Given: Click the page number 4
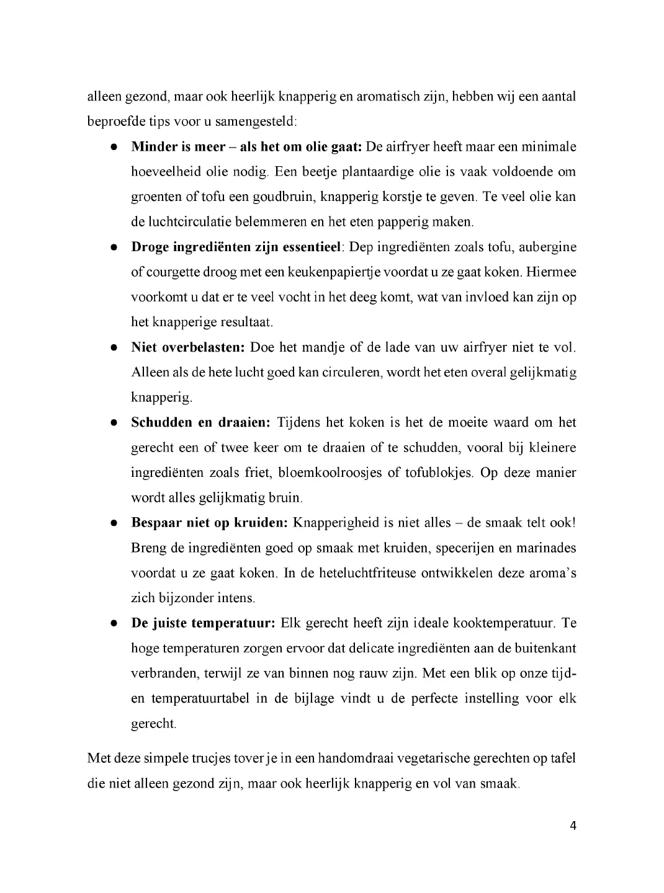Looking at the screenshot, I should (x=573, y=825).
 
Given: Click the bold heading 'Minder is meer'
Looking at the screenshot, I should (x=178, y=147).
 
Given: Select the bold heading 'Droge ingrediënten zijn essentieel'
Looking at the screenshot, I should (x=236, y=247).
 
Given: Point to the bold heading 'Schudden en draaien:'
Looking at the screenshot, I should (x=200, y=422).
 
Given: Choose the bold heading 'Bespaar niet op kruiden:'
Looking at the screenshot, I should (x=209, y=522).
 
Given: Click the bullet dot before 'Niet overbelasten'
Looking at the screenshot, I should (x=115, y=348).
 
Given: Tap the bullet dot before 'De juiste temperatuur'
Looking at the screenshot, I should (x=115, y=623).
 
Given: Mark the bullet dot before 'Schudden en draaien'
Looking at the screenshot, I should (x=115, y=423).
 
